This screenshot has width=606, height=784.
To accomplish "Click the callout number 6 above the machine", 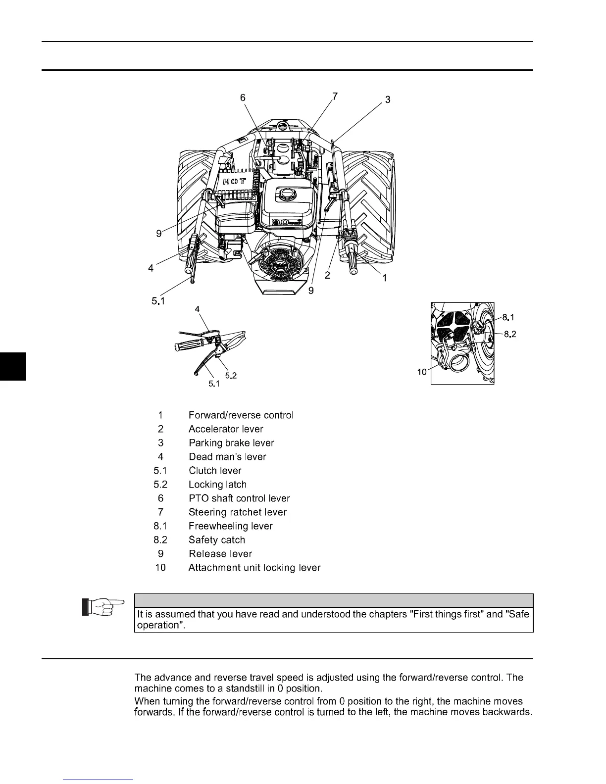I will [243, 98].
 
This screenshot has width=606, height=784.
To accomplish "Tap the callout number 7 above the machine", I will [335, 97].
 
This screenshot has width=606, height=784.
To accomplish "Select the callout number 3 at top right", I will [388, 100].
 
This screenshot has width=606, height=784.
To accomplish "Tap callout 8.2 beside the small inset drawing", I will [510, 334].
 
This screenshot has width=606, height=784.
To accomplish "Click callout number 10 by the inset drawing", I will [422, 372].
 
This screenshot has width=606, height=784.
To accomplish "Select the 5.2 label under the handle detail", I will [231, 376].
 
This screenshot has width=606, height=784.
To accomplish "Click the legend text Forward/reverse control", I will [241, 415].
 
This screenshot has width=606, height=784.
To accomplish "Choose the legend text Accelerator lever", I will [226, 429].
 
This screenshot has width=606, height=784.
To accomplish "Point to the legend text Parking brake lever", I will [231, 443].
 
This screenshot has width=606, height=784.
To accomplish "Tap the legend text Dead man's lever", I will [227, 457].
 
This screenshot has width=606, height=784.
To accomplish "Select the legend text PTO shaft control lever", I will [239, 498].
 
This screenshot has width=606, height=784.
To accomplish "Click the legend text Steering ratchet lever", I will [238, 512].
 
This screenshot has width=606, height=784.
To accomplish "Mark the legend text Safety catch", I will [217, 540].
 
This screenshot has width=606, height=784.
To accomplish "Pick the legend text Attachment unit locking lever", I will [254, 568].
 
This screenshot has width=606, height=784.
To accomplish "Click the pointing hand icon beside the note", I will [102, 606].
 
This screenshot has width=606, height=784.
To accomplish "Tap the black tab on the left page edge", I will [12, 366].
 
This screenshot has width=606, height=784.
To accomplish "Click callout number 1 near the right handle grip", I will [384, 278].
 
